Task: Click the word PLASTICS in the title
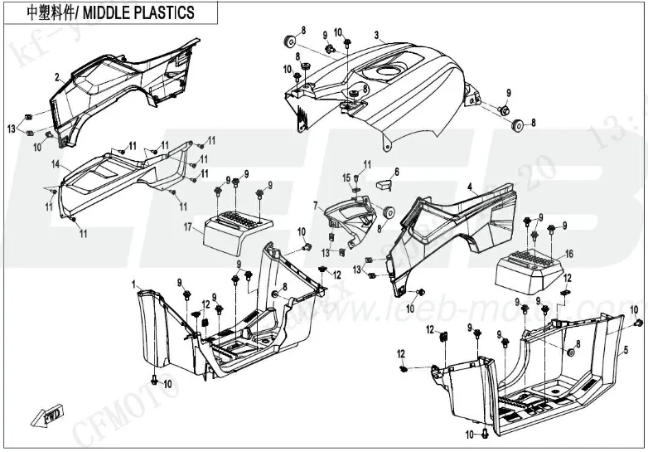point(162,12)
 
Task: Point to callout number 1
point(134,284)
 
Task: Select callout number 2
point(57,76)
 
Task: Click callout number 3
point(376,35)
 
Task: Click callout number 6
point(396,172)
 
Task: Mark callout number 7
point(316,204)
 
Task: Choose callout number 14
point(56,165)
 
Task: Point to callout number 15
point(347,177)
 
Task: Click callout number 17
point(188,226)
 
